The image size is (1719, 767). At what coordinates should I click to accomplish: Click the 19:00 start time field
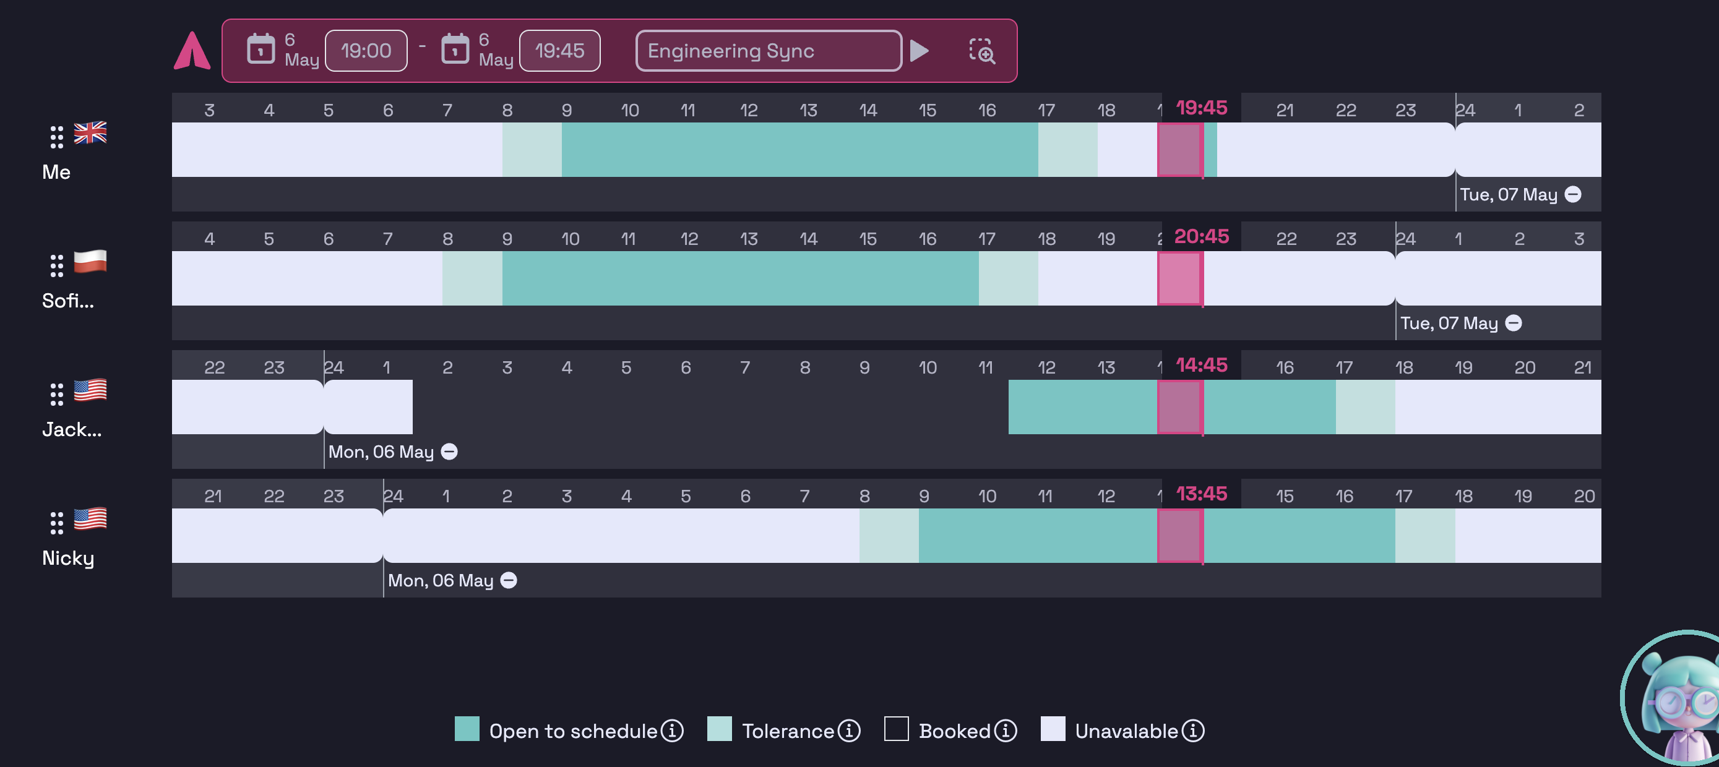(366, 51)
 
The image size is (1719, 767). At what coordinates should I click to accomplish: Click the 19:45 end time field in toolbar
(559, 51)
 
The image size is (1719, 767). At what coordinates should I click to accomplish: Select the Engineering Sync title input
(767, 51)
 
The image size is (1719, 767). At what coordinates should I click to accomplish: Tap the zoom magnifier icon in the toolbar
(981, 51)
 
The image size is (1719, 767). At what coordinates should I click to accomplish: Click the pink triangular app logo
(192, 51)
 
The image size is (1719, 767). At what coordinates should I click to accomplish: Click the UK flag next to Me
(90, 133)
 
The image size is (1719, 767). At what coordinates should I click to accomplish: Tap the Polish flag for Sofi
(90, 262)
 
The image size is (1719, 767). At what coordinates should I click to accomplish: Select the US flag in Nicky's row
(90, 519)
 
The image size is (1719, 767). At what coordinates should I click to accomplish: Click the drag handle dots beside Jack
(57, 394)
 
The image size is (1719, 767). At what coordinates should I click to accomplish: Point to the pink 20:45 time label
(1201, 236)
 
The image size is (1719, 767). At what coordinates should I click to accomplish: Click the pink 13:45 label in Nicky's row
(1201, 494)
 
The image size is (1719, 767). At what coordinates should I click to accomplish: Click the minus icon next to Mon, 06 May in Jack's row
(450, 452)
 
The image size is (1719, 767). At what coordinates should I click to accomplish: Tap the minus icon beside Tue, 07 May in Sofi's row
(1514, 323)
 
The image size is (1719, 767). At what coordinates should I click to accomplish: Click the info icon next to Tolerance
(849, 731)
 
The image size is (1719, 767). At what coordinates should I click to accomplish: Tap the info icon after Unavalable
(1192, 731)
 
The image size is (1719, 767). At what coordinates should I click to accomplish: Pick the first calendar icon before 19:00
(261, 49)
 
